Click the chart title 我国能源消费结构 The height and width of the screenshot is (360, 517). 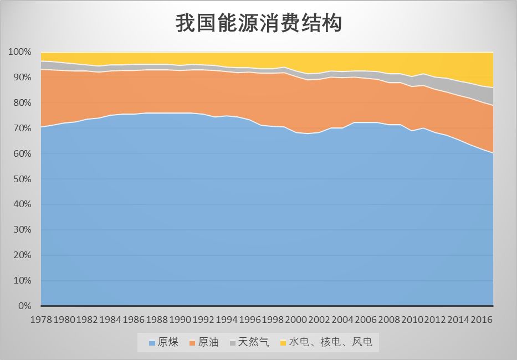coord(258,23)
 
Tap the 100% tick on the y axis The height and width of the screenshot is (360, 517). coord(21,52)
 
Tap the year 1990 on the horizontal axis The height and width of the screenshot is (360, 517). coord(179,320)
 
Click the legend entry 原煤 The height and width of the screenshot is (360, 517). coord(168,342)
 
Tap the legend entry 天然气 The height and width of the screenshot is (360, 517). coord(253,342)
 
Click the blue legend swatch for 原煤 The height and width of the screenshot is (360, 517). coord(152,343)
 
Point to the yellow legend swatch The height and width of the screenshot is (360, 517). coord(283,343)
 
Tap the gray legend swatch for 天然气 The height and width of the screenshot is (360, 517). coord(233,343)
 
